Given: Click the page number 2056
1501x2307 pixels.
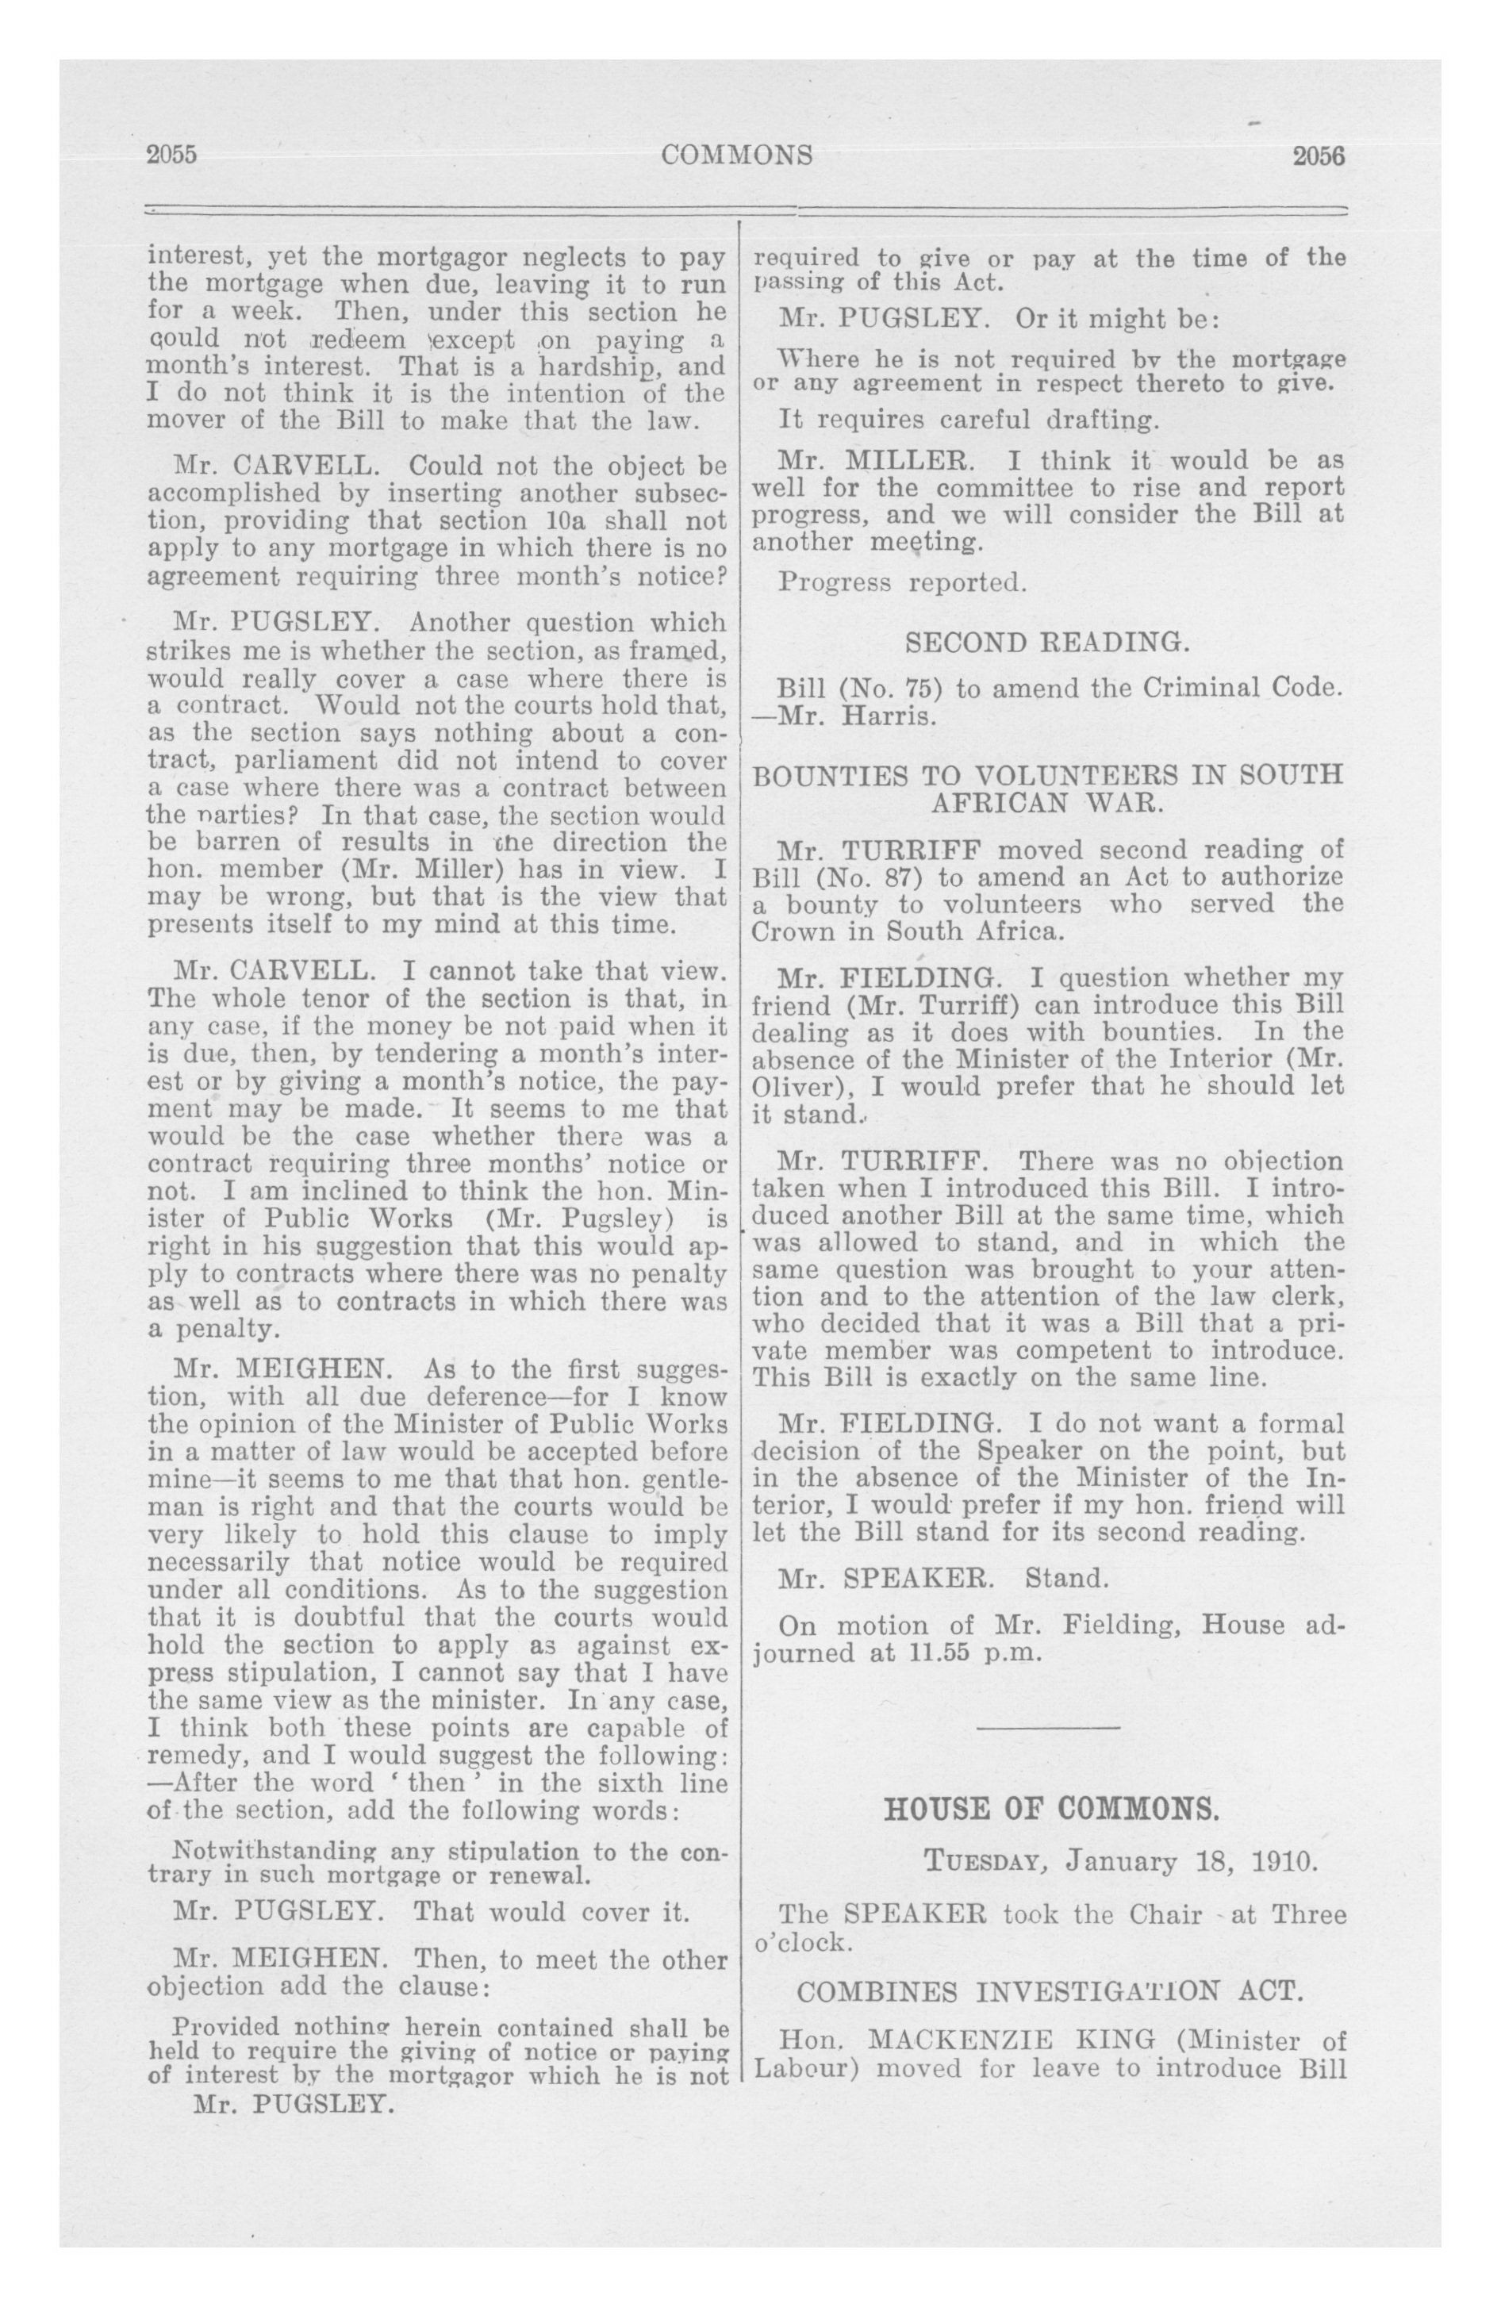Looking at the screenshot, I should pyautogui.click(x=1319, y=155).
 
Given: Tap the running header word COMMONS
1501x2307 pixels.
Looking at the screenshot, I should pyautogui.click(x=737, y=155).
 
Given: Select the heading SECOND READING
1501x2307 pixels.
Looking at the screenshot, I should pyautogui.click(x=1046, y=642).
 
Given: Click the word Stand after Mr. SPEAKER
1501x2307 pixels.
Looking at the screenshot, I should pyautogui.click(x=1065, y=1577).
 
